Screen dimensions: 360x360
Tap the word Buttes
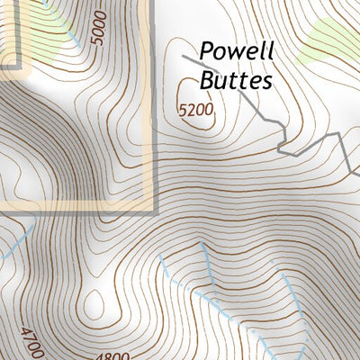(235, 80)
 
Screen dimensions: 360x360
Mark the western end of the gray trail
(181, 56)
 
